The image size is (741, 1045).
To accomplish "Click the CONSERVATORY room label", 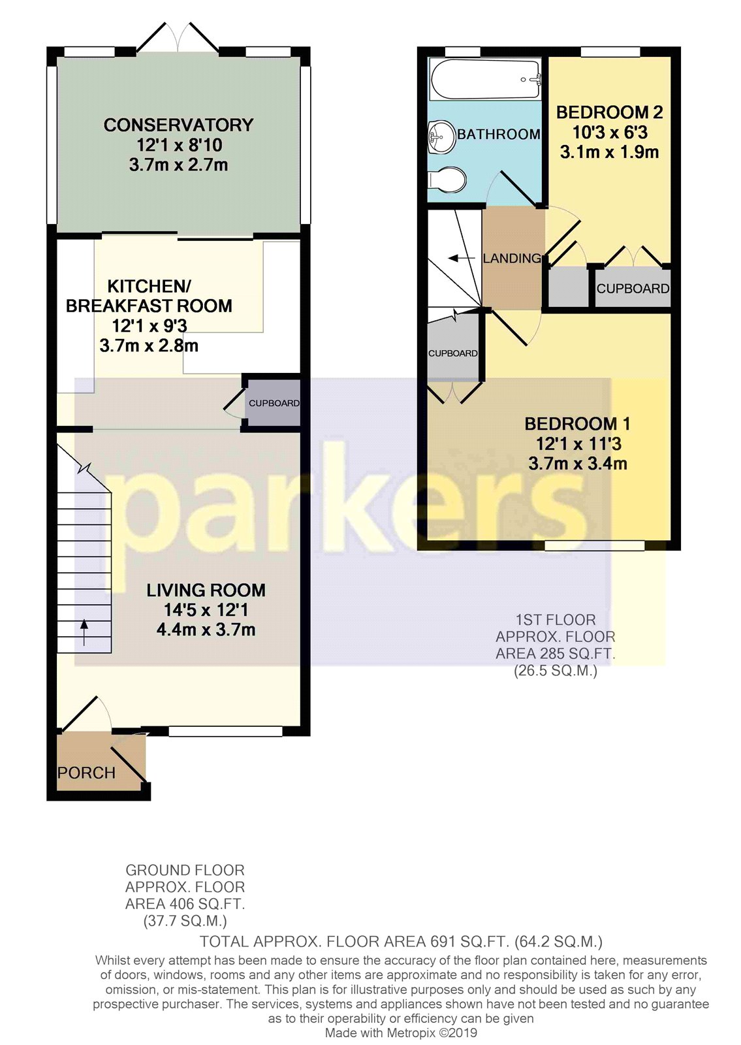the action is coord(179,125).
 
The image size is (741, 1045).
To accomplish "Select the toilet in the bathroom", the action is coord(447,179).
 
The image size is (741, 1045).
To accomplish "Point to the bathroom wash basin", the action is coord(441,137).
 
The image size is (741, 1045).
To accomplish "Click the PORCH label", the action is coord(86,773).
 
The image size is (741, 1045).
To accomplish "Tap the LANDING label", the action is coord(512,258).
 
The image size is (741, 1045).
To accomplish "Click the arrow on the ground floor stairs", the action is coord(84,632).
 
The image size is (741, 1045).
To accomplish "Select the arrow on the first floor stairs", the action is coord(461,257).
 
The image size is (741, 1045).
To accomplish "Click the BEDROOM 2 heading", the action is coord(610,112).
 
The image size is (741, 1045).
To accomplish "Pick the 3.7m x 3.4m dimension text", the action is coord(577,464).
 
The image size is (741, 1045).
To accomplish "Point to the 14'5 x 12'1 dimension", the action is coord(206,610).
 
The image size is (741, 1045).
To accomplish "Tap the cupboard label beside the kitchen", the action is coord(274,403).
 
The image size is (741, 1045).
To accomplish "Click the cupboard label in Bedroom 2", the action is coord(633,289).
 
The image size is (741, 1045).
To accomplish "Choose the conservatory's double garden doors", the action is coord(178,37).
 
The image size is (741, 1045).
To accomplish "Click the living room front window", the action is coord(225,731).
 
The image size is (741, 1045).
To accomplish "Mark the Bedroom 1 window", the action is coord(595,545).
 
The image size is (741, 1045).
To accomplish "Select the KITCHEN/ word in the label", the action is coord(150,286).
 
